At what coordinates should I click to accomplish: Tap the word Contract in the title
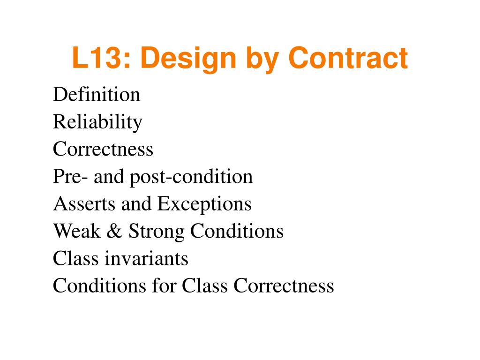[x=348, y=58]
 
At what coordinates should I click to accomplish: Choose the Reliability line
[x=97, y=123]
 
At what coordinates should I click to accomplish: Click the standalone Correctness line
[x=103, y=149]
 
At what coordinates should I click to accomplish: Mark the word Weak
[x=77, y=231]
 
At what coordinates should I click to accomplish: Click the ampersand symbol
[x=114, y=231]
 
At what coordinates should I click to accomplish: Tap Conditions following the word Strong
[x=237, y=231]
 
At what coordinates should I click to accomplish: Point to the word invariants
[x=147, y=258]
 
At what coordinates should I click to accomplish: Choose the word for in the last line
[x=164, y=285]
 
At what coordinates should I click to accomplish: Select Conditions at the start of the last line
[x=99, y=285]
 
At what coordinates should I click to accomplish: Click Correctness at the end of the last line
[x=284, y=285]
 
